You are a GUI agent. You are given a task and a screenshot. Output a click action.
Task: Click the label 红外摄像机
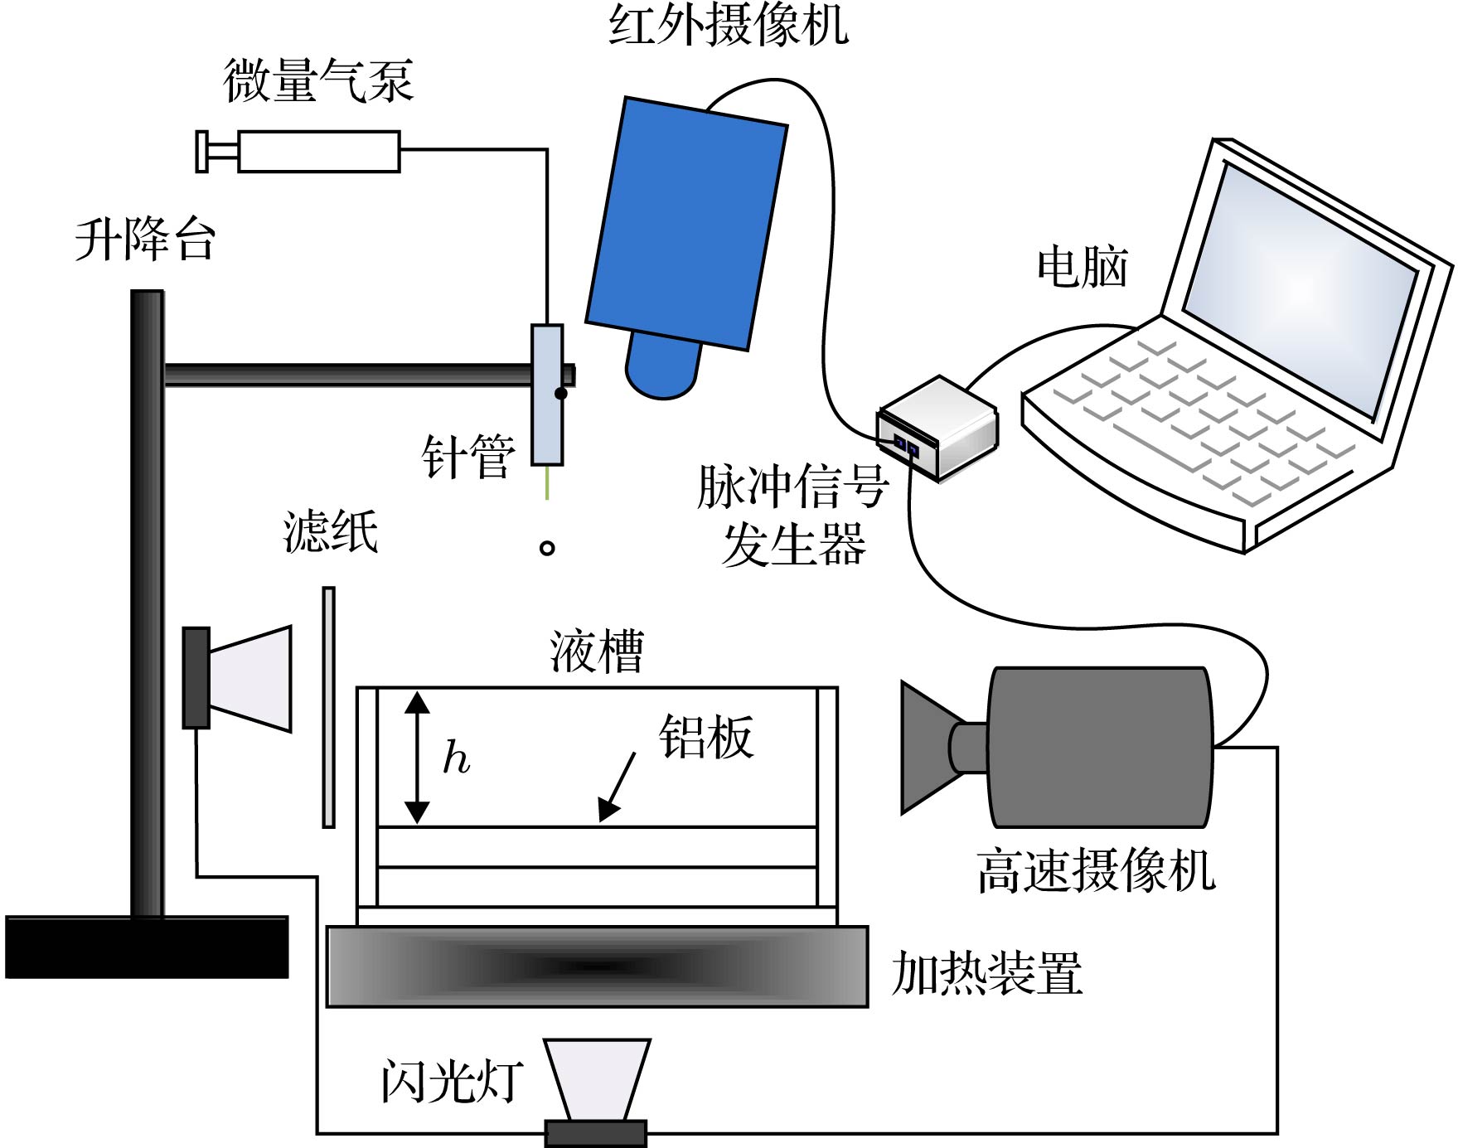(x=728, y=25)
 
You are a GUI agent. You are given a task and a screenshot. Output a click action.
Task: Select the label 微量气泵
(x=317, y=81)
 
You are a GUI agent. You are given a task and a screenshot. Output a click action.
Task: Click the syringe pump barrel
(x=318, y=152)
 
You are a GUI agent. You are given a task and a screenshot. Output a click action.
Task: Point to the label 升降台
(x=146, y=240)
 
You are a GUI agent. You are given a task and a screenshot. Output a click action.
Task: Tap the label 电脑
(x=1082, y=267)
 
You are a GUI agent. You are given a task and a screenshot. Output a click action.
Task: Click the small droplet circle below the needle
(x=547, y=547)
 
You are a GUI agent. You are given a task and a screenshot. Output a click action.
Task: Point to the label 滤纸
(x=331, y=530)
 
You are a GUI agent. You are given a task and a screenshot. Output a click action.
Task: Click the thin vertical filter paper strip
(x=329, y=707)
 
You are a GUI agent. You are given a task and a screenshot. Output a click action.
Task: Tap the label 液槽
(x=597, y=651)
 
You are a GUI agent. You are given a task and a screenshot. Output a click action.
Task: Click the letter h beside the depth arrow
(x=456, y=757)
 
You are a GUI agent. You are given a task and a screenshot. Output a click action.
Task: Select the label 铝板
(x=705, y=736)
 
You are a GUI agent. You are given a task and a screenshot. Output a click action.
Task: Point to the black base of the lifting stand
(x=147, y=947)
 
